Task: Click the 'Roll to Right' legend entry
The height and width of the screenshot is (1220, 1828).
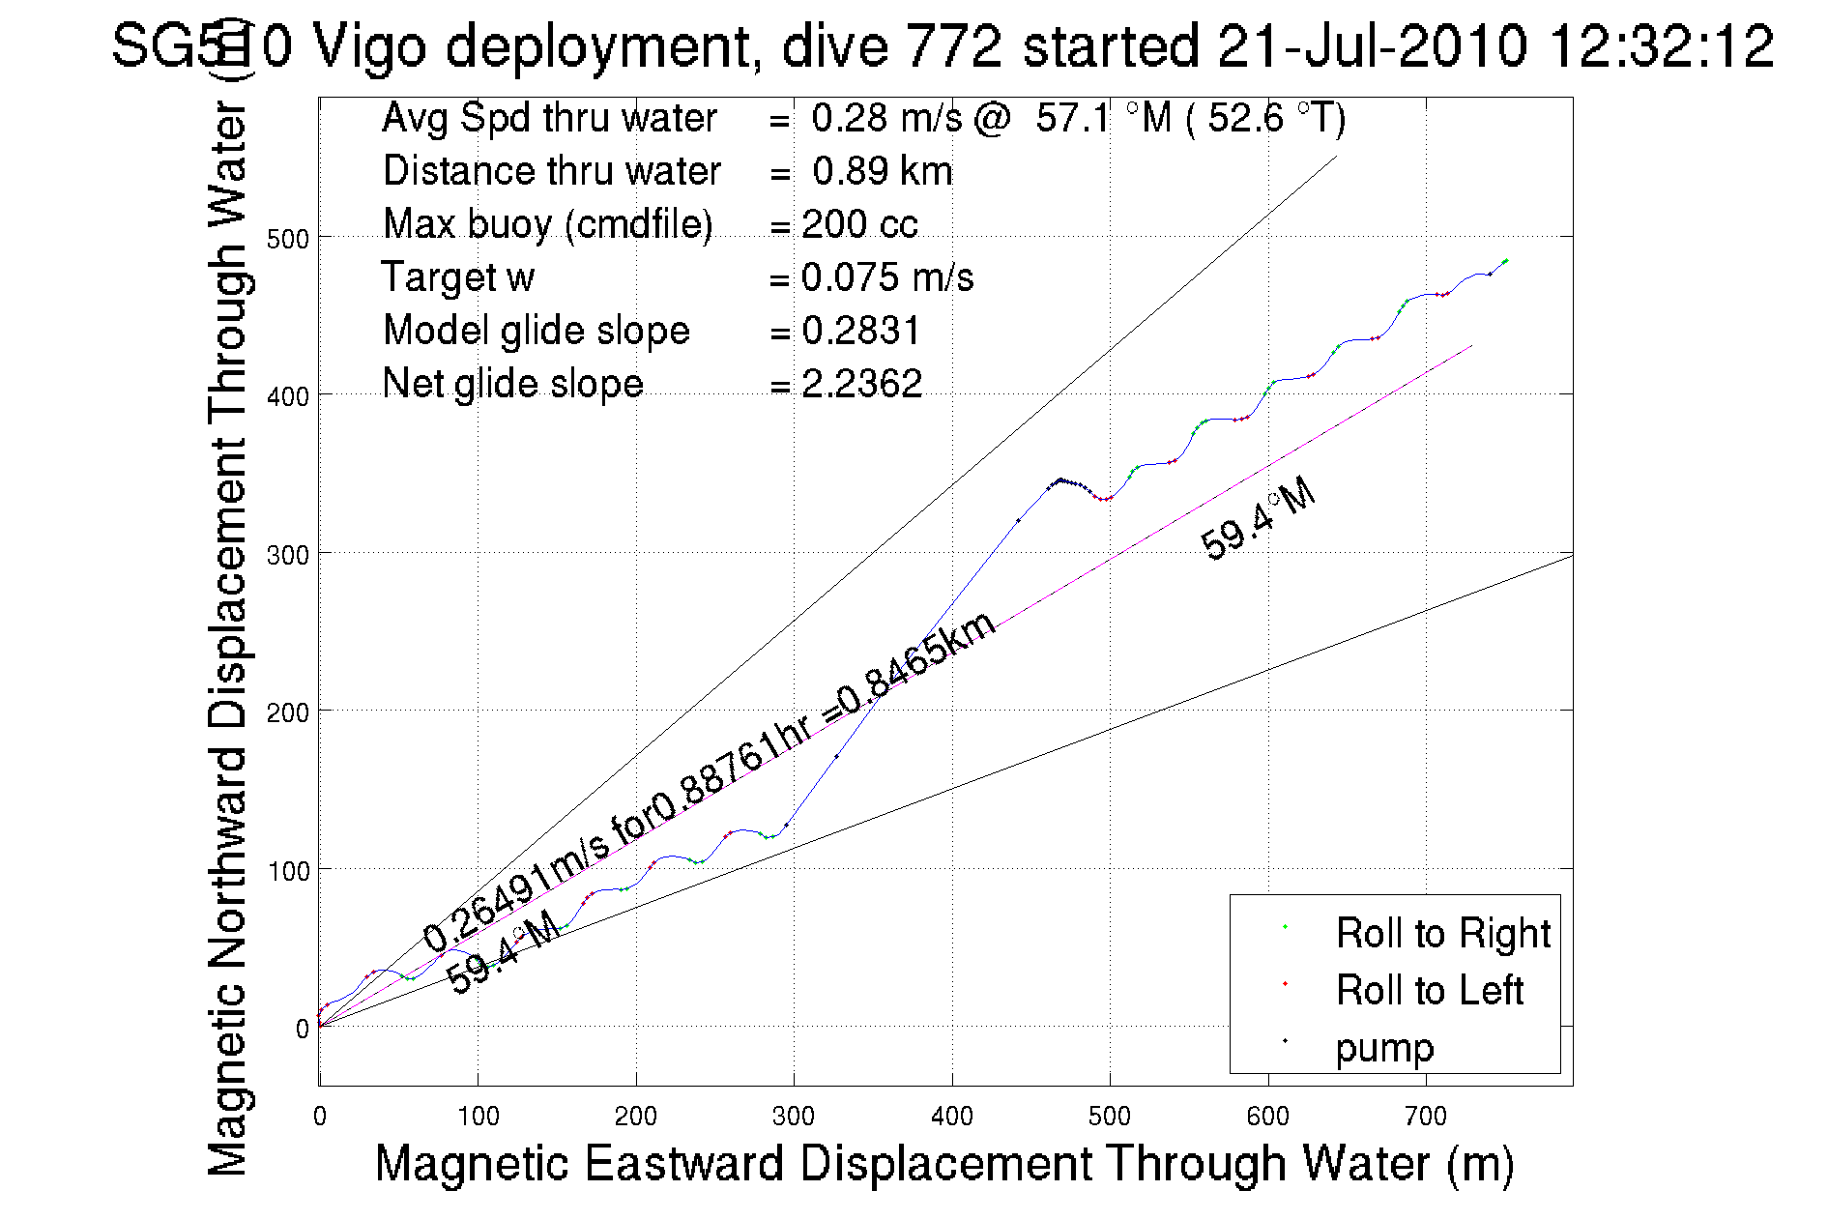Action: pos(1442,933)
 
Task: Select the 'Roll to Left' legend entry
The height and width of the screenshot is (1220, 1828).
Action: pos(1429,990)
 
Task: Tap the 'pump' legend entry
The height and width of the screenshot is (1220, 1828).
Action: pos(1384,1048)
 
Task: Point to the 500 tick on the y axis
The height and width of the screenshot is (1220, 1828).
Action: pos(287,239)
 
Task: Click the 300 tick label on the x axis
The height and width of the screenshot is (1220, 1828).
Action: pos(793,1117)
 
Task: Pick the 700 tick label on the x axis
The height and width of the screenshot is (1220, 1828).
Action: pos(1425,1117)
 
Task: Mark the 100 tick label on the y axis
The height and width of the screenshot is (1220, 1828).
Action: pos(287,871)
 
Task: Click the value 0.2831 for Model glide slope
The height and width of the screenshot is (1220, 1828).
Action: pos(860,331)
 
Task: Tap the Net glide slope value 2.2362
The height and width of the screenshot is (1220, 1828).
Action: pos(861,384)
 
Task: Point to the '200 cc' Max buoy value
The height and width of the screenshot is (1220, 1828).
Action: pos(858,224)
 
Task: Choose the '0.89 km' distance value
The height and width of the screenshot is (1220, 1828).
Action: pos(882,171)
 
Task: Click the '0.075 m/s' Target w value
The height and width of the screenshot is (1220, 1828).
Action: pos(886,277)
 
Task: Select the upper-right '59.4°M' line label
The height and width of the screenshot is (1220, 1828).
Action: pos(1257,518)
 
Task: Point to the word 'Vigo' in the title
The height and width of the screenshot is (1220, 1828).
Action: pos(370,45)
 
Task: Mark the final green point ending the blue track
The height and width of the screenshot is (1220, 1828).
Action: pos(1506,260)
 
